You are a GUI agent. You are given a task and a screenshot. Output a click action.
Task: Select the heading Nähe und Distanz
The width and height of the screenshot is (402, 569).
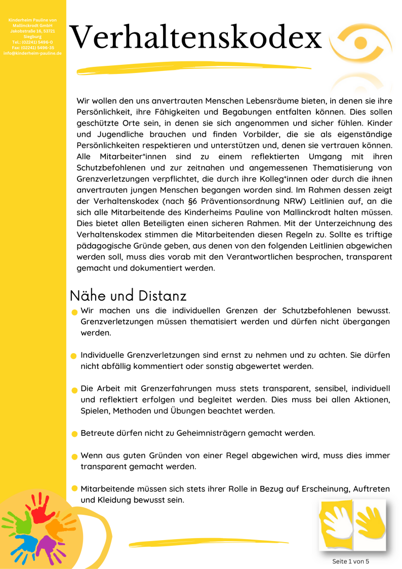(x=128, y=295)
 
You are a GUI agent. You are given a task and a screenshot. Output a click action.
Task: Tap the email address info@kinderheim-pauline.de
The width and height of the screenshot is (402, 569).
(x=33, y=53)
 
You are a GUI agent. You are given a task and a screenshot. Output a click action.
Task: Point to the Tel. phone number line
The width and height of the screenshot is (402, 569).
(x=33, y=42)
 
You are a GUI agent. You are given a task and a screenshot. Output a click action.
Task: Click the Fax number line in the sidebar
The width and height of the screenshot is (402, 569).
(x=33, y=48)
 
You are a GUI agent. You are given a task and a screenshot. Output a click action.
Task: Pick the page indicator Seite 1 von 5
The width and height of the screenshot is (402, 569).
(x=351, y=561)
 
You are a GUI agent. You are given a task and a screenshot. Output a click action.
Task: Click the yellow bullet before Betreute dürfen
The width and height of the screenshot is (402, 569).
(x=74, y=434)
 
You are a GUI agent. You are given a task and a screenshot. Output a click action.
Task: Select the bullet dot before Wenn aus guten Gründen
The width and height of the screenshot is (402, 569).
(x=74, y=457)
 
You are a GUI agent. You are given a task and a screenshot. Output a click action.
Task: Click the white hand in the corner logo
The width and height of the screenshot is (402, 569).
(x=337, y=522)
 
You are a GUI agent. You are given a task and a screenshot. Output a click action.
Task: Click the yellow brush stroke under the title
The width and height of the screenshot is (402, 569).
(x=192, y=68)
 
